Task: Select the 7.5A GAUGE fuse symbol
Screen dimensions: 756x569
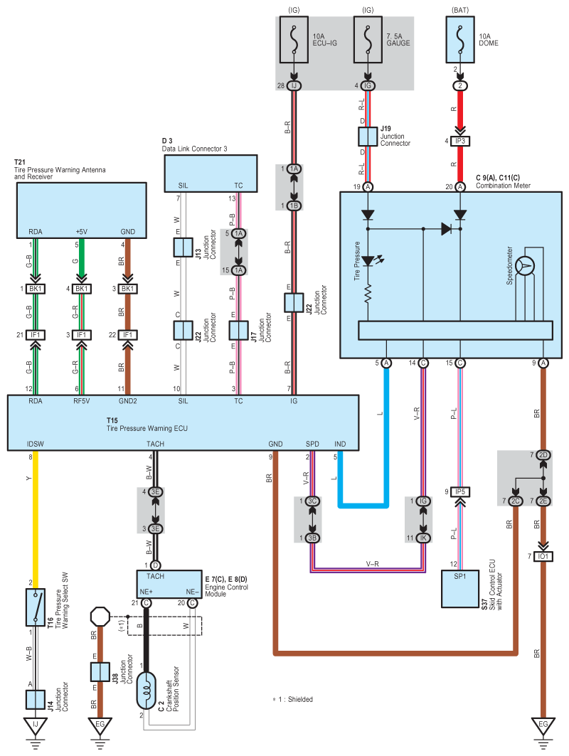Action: click(x=367, y=42)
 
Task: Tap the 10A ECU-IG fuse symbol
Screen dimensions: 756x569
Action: click(x=293, y=42)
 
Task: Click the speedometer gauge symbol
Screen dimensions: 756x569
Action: click(x=526, y=266)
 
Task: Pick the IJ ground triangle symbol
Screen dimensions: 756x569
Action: click(x=36, y=726)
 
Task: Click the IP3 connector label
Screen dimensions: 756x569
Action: click(x=460, y=141)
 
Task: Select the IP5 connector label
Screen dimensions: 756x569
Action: click(x=460, y=491)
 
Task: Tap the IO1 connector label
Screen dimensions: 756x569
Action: click(x=543, y=555)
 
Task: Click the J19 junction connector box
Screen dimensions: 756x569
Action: click(x=367, y=137)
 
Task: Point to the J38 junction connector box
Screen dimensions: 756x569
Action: click(x=99, y=671)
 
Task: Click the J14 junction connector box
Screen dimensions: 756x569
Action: click(x=36, y=699)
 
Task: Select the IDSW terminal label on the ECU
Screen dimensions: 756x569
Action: click(x=36, y=444)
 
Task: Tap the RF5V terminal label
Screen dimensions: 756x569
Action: click(x=82, y=401)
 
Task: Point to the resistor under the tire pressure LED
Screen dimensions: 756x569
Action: click(x=368, y=294)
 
